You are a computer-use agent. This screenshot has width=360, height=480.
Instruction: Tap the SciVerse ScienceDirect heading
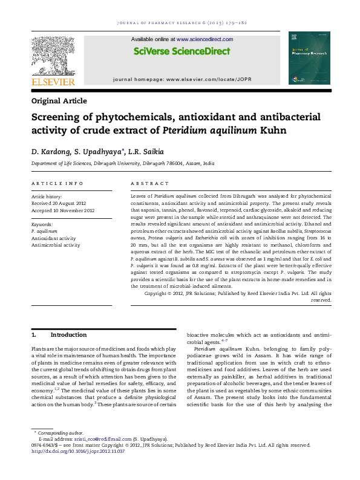182,51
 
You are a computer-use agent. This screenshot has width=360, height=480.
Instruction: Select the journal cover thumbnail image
309,57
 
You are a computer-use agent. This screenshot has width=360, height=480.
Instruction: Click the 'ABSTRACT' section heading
150,183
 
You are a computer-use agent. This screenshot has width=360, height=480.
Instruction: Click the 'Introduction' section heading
68,334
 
